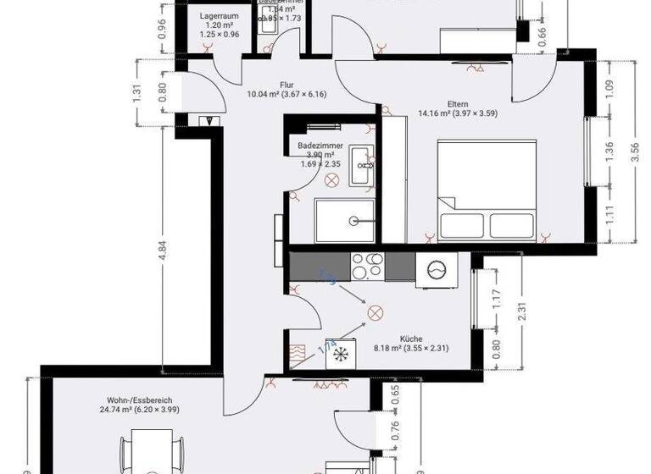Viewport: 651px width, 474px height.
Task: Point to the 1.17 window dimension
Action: click(x=497, y=298)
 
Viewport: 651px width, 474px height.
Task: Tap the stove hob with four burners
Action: click(x=369, y=267)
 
